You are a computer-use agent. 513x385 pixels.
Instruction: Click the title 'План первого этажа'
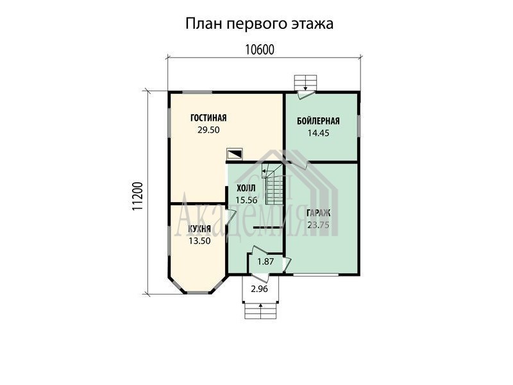[x=260, y=24]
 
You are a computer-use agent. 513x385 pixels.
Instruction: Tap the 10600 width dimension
[x=260, y=50]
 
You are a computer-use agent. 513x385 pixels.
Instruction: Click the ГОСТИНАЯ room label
[x=208, y=118]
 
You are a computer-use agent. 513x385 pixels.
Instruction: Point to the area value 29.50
[x=208, y=130]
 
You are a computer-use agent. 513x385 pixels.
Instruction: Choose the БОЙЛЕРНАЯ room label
[x=318, y=121]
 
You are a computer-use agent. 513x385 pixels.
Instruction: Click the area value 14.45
[x=318, y=133]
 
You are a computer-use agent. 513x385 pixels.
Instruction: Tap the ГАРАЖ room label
[x=318, y=213]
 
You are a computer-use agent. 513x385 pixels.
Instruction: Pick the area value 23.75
[x=318, y=225]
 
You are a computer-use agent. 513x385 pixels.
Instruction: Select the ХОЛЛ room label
[x=246, y=188]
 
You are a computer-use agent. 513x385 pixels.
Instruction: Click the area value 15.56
[x=246, y=200]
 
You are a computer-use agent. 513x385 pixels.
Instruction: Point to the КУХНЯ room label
[x=199, y=229]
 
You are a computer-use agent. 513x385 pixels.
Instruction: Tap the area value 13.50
[x=199, y=241]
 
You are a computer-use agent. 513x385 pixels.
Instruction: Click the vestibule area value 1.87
[x=265, y=262]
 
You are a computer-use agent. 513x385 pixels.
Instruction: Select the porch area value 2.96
[x=260, y=289]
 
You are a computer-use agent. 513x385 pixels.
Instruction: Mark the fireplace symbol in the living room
[x=235, y=154]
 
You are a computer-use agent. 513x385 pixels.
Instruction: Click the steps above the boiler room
[x=306, y=83]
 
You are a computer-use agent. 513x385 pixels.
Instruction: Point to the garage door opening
[x=315, y=275]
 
